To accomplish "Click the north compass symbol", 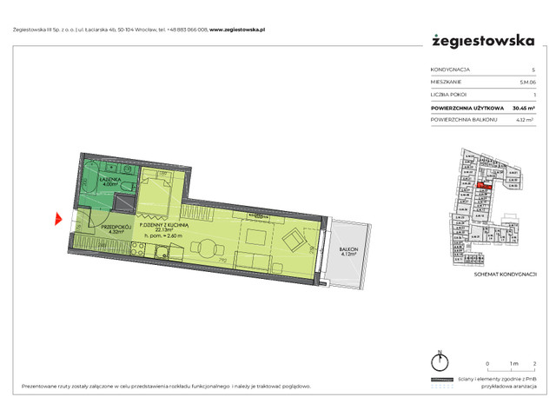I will (x=441, y=363).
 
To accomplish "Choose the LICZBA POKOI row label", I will (x=449, y=95).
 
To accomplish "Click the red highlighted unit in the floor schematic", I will (x=487, y=182).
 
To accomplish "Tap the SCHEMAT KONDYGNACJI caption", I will (x=494, y=273).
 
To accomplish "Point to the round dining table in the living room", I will (x=255, y=235).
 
